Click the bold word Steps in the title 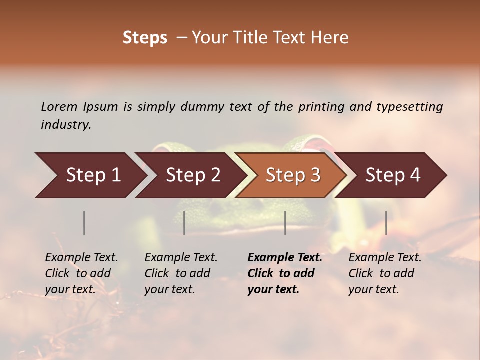145,38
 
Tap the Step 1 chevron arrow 90,175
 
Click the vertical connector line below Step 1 84,223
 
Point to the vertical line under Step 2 184,223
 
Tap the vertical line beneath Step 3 285,223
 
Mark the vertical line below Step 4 386,223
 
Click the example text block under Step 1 81,273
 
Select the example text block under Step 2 181,273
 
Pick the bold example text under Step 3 285,273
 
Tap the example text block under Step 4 385,273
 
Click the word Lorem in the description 59,106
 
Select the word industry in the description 66,125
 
